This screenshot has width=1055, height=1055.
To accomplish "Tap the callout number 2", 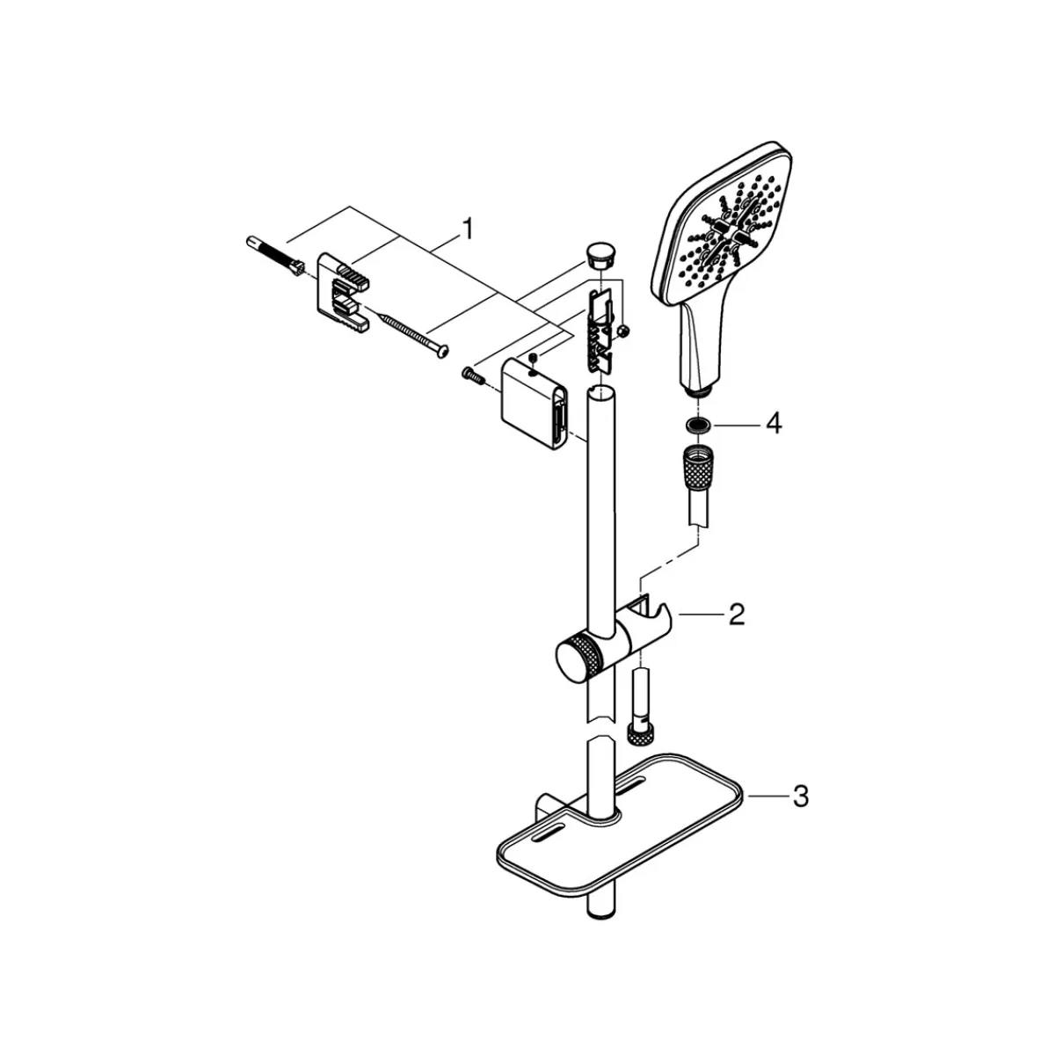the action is point(737,615).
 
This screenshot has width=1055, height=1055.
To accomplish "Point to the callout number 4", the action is point(774,424).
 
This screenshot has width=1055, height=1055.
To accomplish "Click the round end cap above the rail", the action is point(600,255).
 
